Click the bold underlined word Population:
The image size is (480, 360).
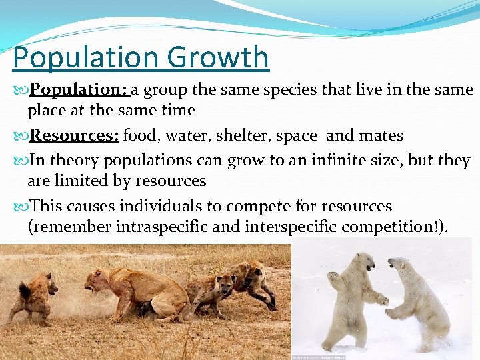tap(79, 89)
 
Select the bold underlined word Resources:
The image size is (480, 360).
tap(74, 136)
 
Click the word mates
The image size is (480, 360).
tap(381, 136)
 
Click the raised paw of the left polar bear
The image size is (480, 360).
tap(333, 275)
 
